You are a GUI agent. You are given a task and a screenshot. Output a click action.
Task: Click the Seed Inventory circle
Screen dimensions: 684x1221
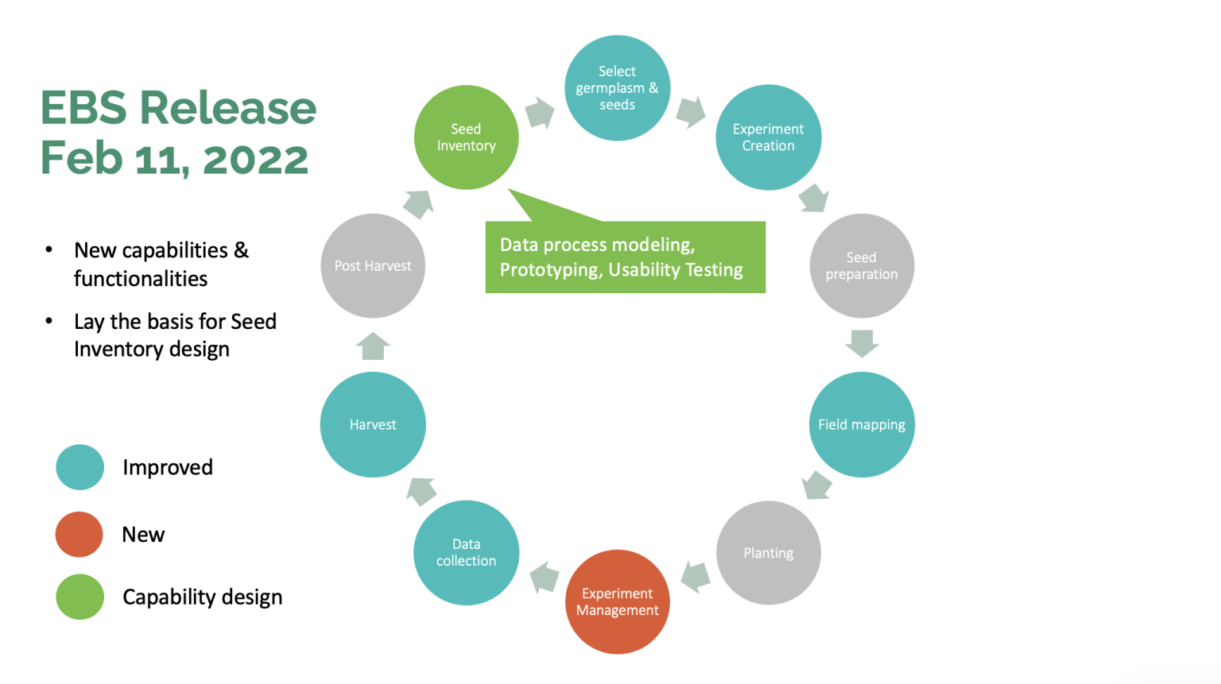tap(467, 137)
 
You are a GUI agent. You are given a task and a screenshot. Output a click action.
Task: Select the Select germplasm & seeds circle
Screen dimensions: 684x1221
tap(617, 88)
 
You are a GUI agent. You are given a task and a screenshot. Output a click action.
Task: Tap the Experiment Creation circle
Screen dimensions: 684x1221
tap(768, 137)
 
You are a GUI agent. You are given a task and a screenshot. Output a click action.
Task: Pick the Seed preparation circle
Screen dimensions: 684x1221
tap(862, 265)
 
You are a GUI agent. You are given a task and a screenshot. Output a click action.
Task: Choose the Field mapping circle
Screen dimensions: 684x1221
tap(862, 424)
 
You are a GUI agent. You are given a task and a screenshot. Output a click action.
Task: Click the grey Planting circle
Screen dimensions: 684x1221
tap(768, 553)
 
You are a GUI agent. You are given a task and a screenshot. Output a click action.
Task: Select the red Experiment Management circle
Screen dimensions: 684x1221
tap(617, 601)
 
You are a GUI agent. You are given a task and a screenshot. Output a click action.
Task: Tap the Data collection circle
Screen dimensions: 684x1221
tap(467, 553)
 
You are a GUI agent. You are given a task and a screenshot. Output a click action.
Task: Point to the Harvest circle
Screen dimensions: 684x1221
tap(373, 424)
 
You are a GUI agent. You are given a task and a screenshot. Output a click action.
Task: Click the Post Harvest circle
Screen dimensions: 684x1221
tap(373, 265)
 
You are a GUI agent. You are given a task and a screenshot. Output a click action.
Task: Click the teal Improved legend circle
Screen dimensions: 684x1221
tap(79, 467)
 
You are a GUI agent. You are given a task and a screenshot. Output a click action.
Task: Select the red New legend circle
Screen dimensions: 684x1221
tap(79, 534)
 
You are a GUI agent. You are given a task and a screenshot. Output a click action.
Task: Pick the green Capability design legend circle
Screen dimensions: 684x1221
tap(79, 597)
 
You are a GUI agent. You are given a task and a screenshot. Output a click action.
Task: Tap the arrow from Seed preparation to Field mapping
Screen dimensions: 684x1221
tap(862, 343)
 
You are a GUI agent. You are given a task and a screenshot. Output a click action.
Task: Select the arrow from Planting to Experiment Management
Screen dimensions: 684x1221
tap(696, 577)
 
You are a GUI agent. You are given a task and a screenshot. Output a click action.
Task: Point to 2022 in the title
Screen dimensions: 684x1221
tap(255, 159)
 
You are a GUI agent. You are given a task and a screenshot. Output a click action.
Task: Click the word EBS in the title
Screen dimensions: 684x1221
tap(83, 108)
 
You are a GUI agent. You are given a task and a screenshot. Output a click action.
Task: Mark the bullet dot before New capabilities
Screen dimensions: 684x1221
tap(49, 249)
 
